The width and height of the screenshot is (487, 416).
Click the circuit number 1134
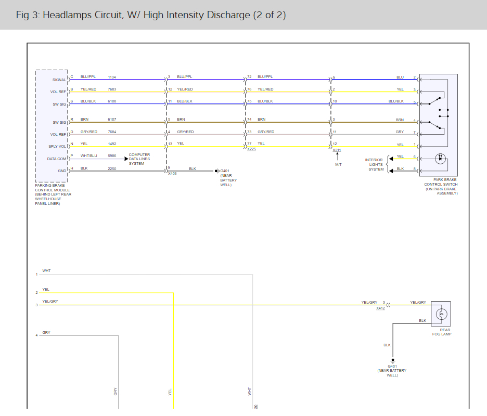pos(112,77)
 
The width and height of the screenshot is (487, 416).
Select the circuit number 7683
pos(112,89)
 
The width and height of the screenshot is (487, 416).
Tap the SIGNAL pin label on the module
pos(59,80)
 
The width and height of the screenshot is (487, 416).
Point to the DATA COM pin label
pos(57,159)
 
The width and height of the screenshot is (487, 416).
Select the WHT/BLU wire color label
pos(89,155)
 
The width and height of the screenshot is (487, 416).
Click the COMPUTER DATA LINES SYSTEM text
pos(139,159)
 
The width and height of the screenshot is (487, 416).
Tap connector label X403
pos(172,173)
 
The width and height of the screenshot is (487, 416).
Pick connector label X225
pos(251,149)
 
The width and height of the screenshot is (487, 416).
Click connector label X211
pos(337,150)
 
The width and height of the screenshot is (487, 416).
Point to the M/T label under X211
pos(338,164)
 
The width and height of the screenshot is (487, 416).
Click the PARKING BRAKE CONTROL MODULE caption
pos(54,192)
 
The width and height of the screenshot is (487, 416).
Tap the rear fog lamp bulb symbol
pos(442,314)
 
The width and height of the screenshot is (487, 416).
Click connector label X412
pos(381,308)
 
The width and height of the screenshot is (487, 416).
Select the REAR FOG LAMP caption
pos(442,332)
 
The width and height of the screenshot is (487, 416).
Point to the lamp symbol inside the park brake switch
pos(440,159)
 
